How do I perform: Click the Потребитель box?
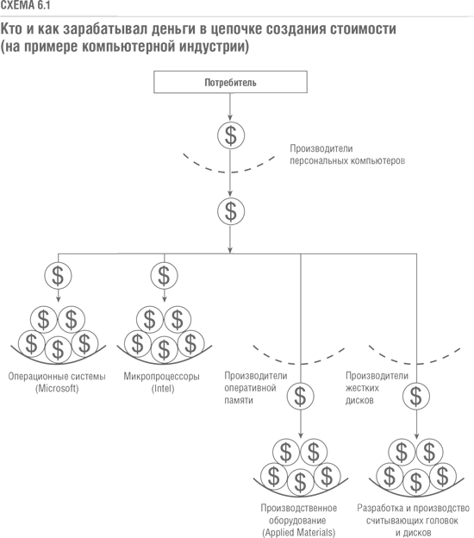pyautogui.click(x=230, y=82)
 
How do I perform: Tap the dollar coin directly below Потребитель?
pyautogui.click(x=231, y=135)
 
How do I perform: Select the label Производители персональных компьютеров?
pyautogui.click(x=347, y=154)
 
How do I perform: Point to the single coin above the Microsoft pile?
pyautogui.click(x=58, y=276)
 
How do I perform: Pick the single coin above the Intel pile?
pyautogui.click(x=164, y=276)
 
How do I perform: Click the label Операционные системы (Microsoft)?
pyautogui.click(x=57, y=382)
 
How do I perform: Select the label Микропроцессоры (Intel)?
pyautogui.click(x=162, y=382)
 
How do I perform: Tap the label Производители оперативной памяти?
pyautogui.click(x=255, y=388)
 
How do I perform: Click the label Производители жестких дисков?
pyautogui.click(x=377, y=388)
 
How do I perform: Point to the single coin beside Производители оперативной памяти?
pyautogui.click(x=300, y=397)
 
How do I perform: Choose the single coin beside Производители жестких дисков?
pyautogui.click(x=416, y=397)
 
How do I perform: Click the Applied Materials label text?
pyautogui.click(x=298, y=533)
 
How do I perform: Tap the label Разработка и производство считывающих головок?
pyautogui.click(x=413, y=514)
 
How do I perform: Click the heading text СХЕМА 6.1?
pyautogui.click(x=25, y=5)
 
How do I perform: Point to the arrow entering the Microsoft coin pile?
pyautogui.click(x=58, y=296)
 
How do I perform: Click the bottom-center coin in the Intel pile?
pyautogui.click(x=164, y=349)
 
